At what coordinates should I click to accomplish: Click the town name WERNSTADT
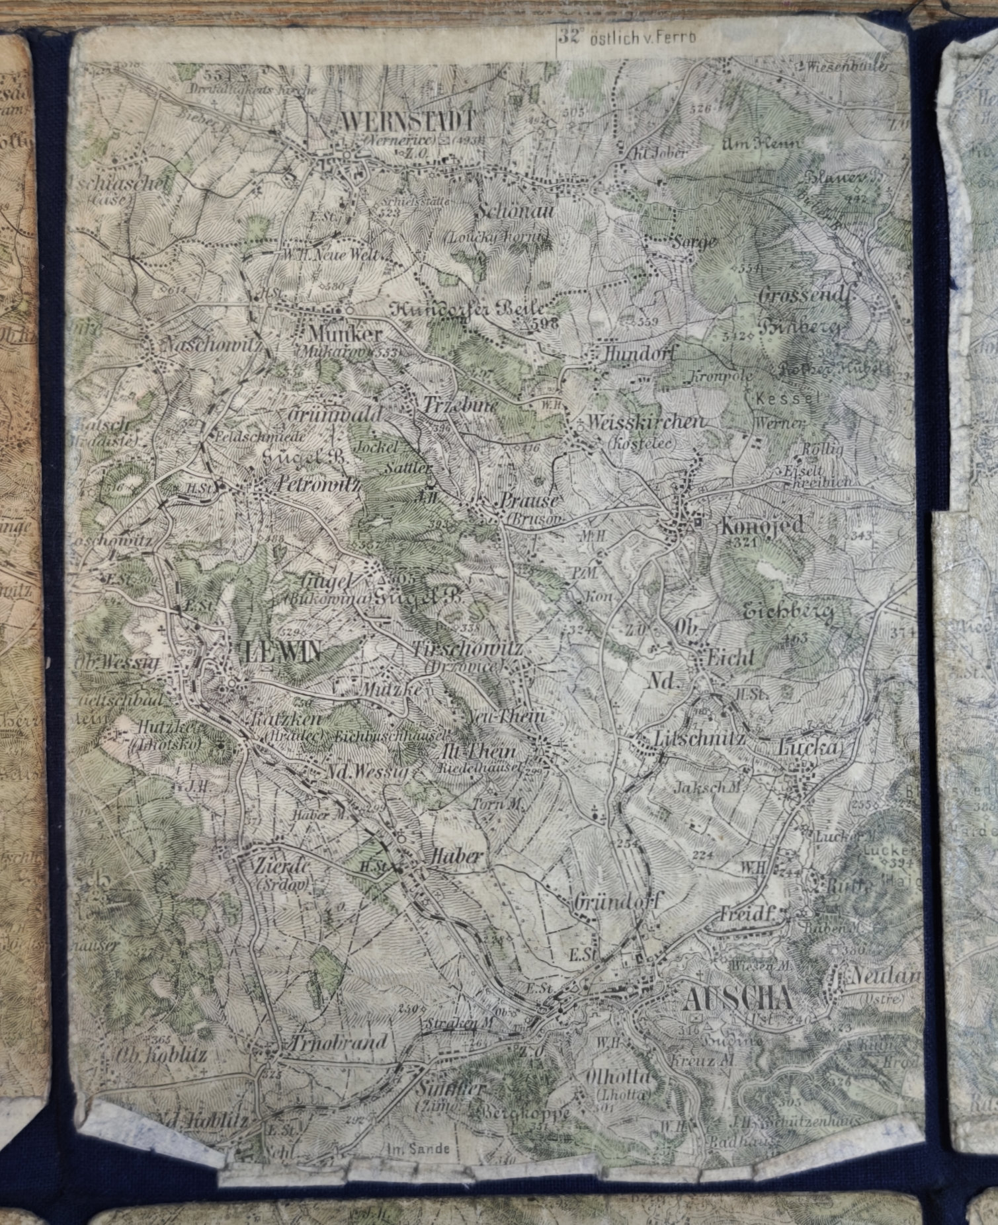(x=408, y=120)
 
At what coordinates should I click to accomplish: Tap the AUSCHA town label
(x=735, y=1000)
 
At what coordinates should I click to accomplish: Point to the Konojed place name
(x=763, y=526)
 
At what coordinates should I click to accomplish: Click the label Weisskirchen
(x=646, y=423)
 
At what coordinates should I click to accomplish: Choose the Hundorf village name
(x=640, y=355)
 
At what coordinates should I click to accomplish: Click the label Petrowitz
(x=314, y=486)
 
